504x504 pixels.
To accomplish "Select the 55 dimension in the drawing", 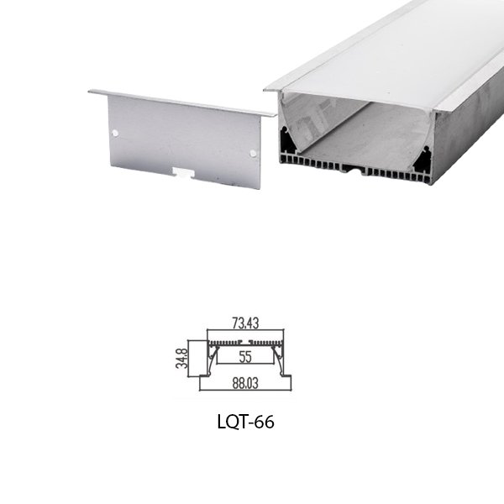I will (x=245, y=357).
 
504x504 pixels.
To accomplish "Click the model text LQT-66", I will (x=245, y=421).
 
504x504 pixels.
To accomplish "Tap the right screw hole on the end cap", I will (x=253, y=151).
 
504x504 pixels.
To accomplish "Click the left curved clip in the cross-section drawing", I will (x=213, y=356).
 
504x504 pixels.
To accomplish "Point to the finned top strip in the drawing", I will (x=245, y=344).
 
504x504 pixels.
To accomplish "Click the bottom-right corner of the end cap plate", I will (x=260, y=186).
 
